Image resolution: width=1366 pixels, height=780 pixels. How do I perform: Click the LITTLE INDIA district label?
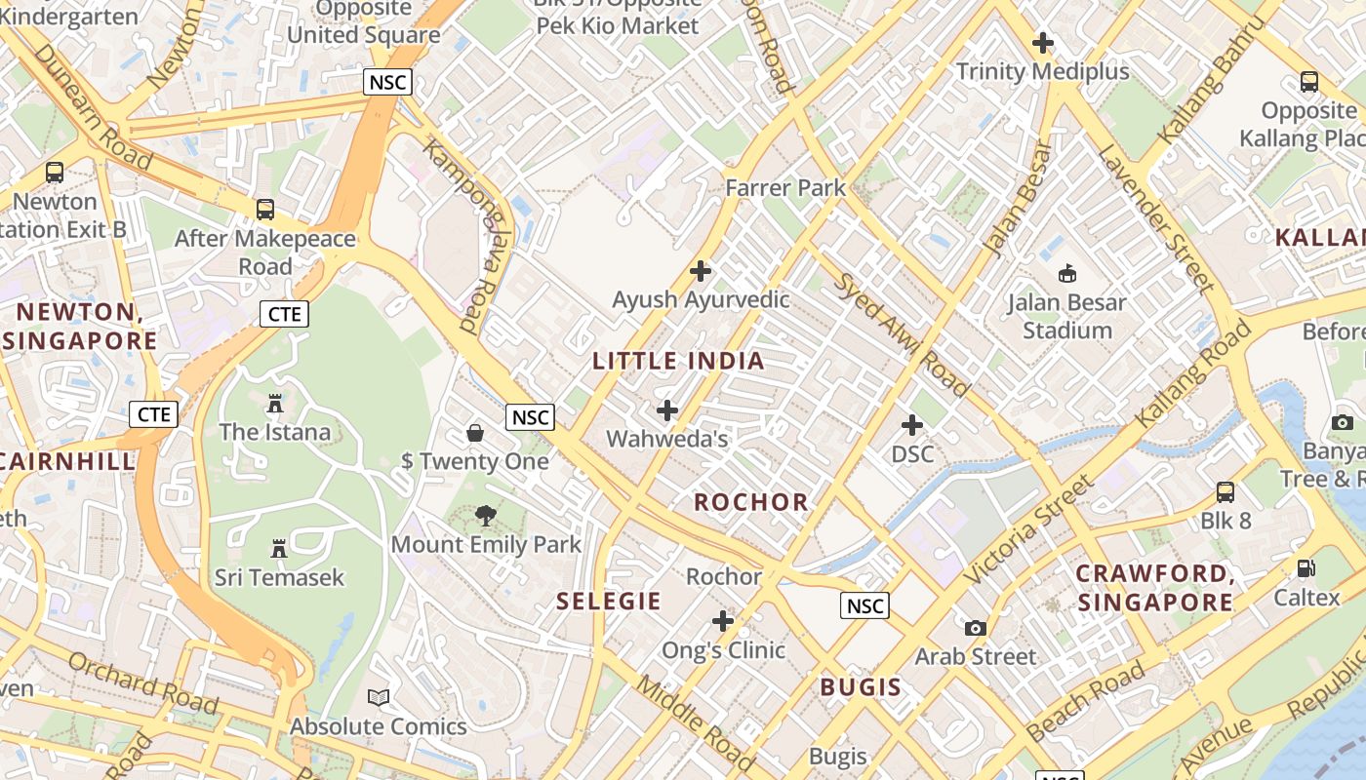[678, 361]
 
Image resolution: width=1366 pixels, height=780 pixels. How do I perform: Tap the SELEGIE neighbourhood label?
[609, 601]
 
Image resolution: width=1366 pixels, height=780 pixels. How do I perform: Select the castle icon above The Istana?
[274, 403]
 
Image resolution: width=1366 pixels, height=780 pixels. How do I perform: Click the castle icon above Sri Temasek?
[279, 549]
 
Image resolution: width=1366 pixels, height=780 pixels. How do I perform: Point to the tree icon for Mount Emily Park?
[485, 516]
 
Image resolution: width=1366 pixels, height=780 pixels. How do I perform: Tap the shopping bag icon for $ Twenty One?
[475, 432]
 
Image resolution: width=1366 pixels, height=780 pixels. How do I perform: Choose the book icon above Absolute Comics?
[379, 698]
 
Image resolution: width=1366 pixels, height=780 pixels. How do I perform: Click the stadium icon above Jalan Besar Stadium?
[1066, 273]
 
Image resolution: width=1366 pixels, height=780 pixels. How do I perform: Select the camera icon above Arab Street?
[975, 628]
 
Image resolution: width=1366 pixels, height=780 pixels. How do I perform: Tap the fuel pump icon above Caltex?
[1306, 567]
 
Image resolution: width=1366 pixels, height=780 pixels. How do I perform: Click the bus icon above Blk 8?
[1225, 492]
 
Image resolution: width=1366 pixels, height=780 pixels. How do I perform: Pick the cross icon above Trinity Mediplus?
[1043, 43]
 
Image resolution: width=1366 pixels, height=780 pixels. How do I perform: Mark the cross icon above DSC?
[912, 425]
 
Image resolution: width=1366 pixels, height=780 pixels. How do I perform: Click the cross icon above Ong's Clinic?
[723, 621]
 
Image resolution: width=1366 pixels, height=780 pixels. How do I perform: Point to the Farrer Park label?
[785, 187]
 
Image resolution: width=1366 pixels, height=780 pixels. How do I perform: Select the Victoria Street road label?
[1029, 529]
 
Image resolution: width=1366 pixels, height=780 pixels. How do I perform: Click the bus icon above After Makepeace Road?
[264, 209]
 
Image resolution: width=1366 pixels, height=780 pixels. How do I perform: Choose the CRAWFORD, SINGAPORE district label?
[1155, 588]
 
